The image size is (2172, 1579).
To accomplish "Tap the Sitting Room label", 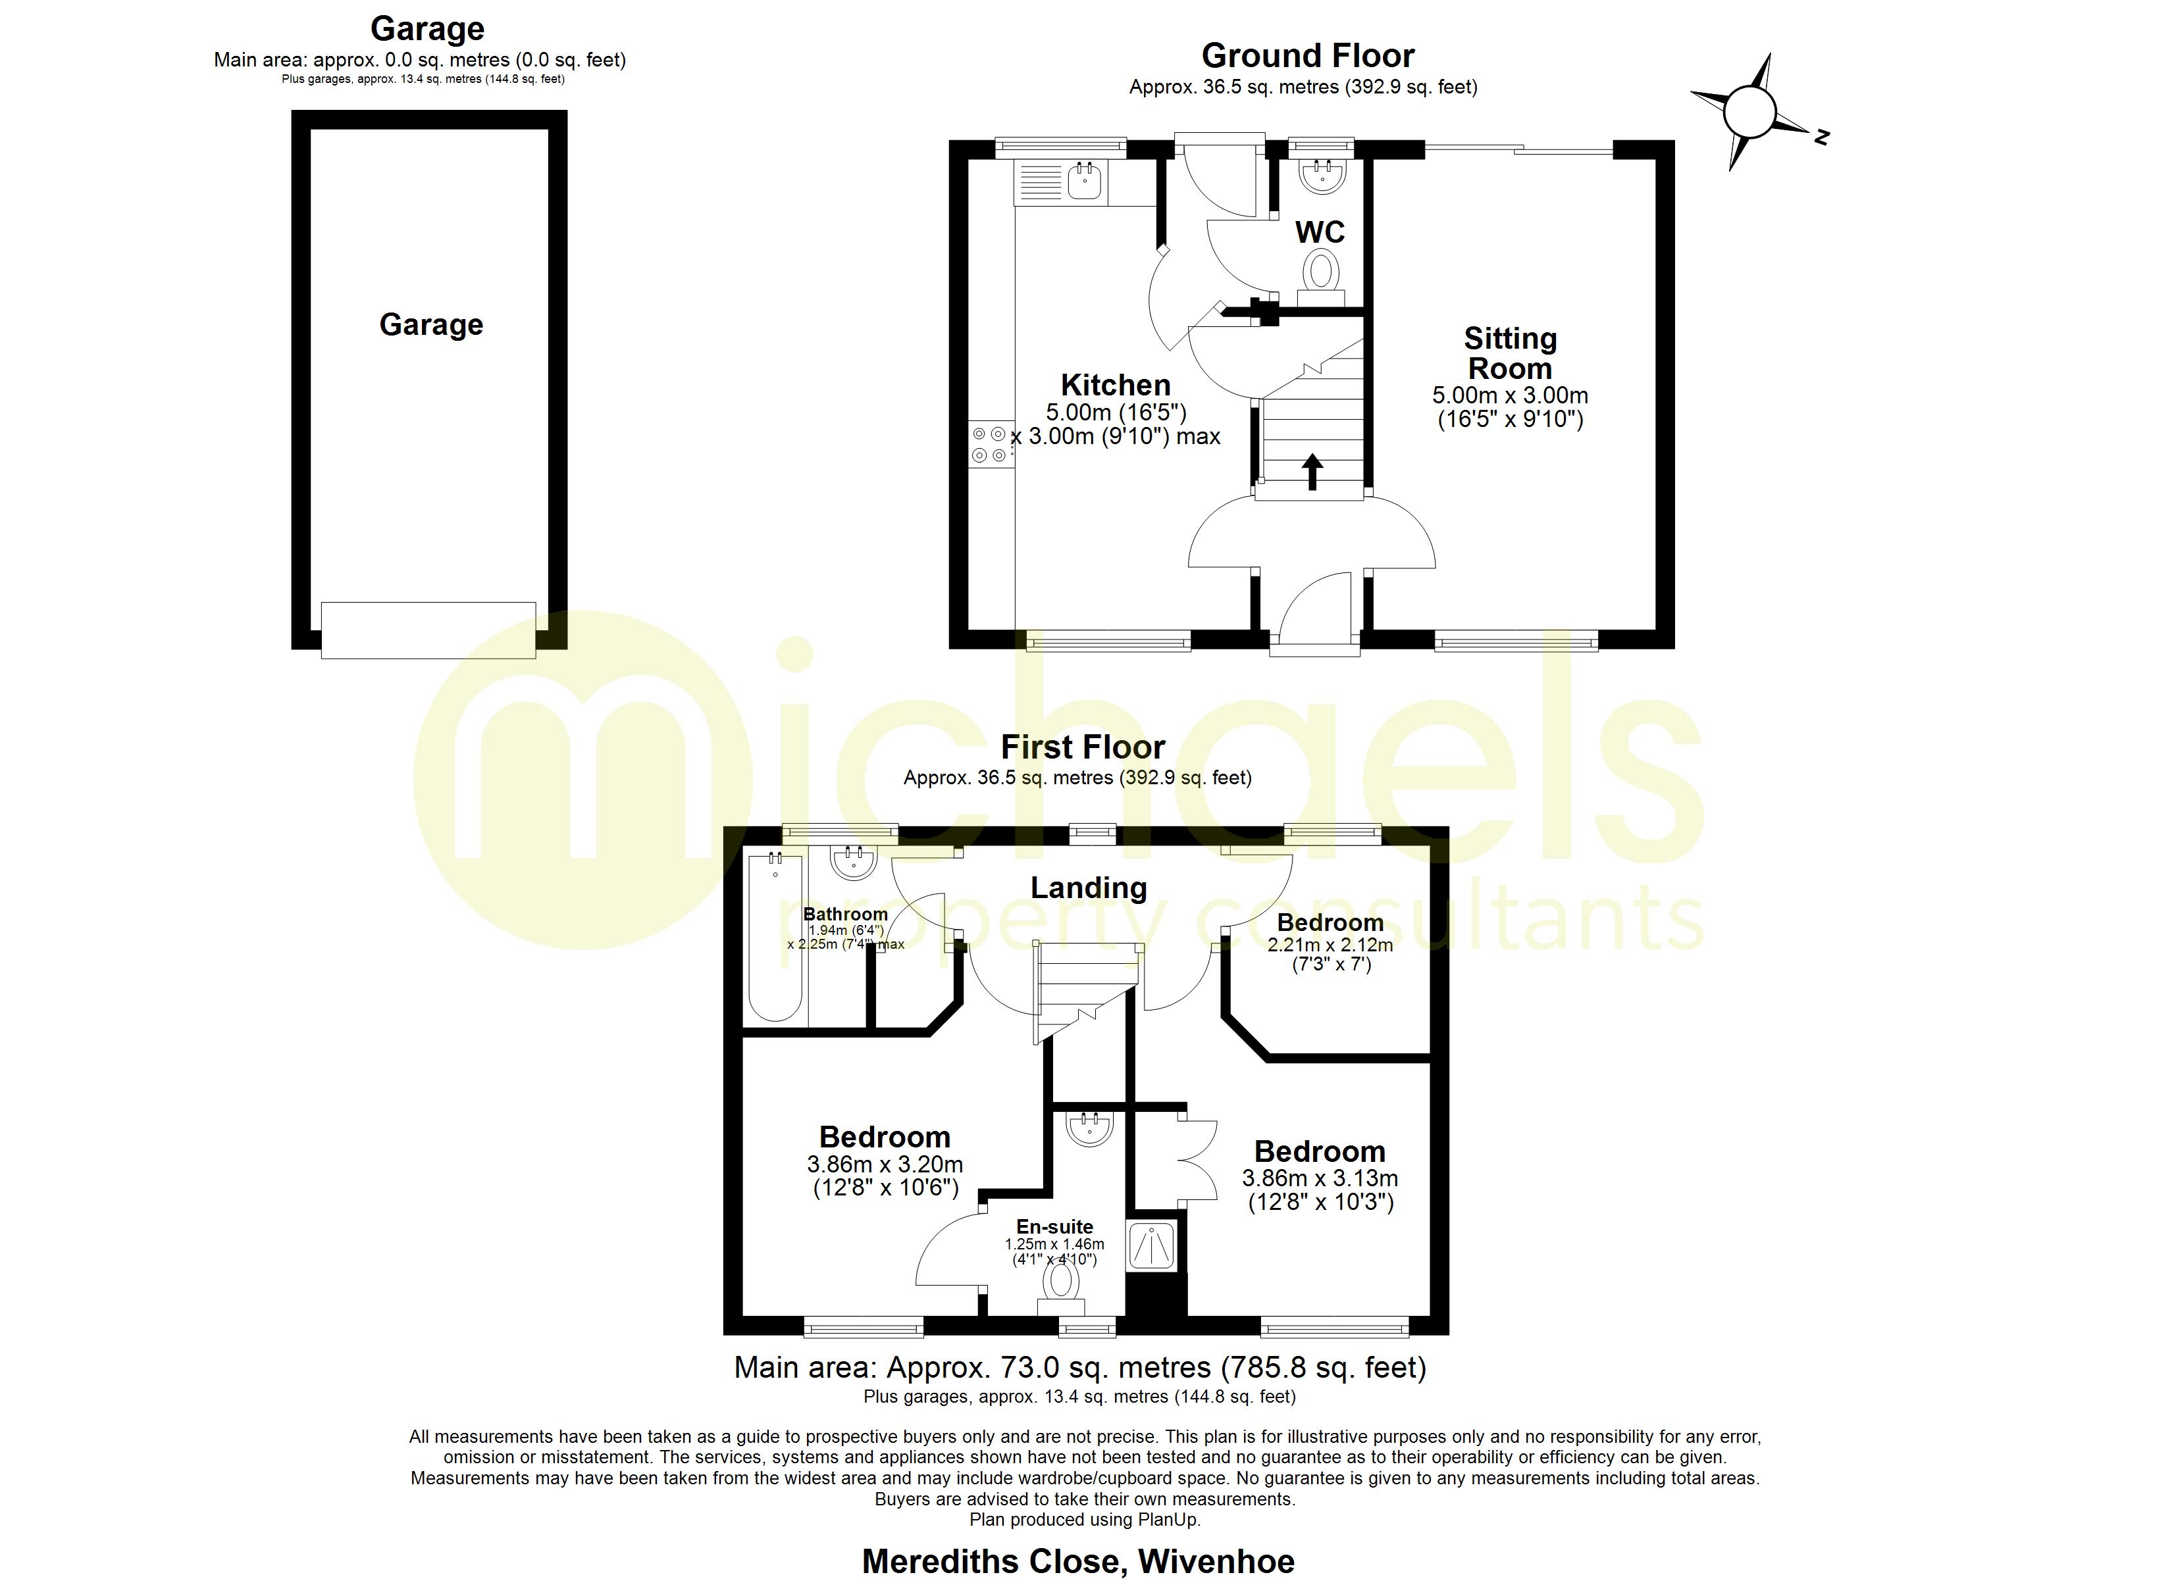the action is pyautogui.click(x=1511, y=353).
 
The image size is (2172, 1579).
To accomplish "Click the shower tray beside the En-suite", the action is pyautogui.click(x=1152, y=1247).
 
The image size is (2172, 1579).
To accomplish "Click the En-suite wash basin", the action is pyautogui.click(x=1089, y=1129).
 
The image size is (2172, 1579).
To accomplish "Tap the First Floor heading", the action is pyautogui.click(x=1083, y=747).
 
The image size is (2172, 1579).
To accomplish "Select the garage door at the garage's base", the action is pyautogui.click(x=428, y=630).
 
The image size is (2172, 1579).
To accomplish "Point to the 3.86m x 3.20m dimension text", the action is pyautogui.click(x=885, y=1165).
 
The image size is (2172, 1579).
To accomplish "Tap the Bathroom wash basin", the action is pyautogui.click(x=853, y=863).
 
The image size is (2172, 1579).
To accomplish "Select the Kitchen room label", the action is pyautogui.click(x=1116, y=385).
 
